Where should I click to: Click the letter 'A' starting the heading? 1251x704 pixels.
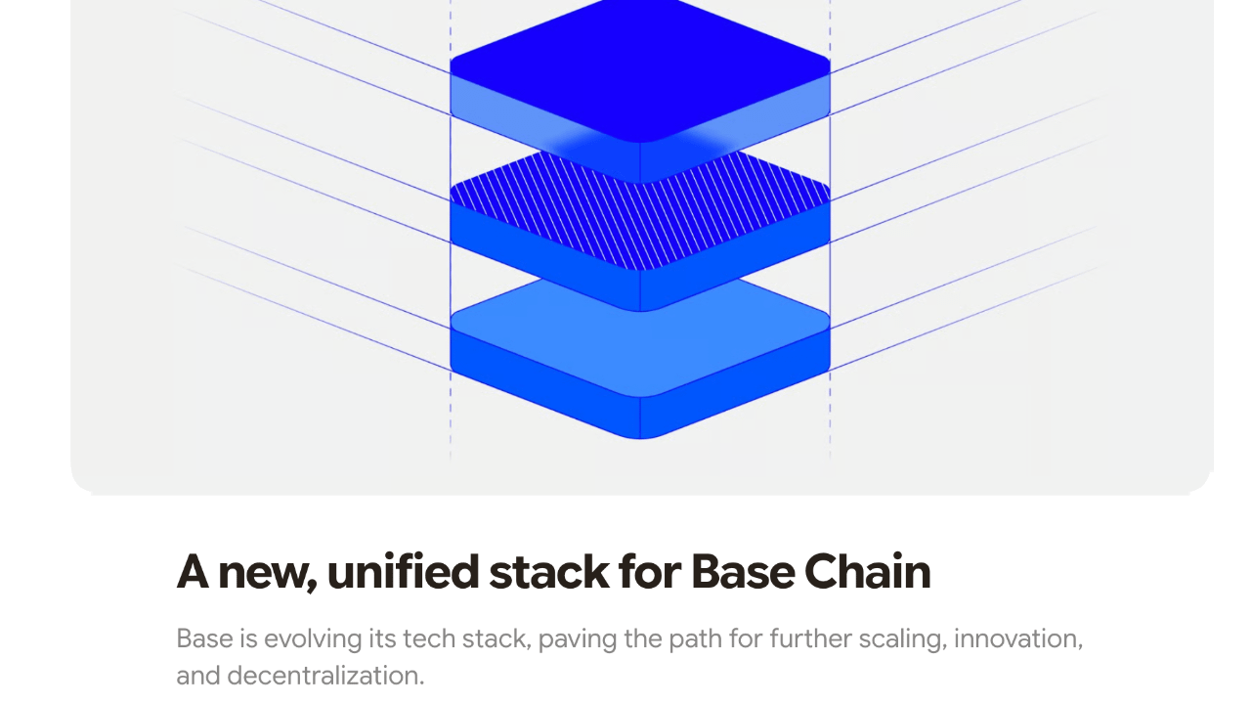coord(193,572)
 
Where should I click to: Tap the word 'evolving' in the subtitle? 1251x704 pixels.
coord(313,639)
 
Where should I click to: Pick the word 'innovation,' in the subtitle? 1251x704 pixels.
coord(1018,639)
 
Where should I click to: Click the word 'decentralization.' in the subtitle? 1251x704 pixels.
coord(325,676)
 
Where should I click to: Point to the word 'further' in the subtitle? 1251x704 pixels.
coord(810,639)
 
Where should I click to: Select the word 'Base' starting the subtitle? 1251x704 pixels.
coord(204,639)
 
